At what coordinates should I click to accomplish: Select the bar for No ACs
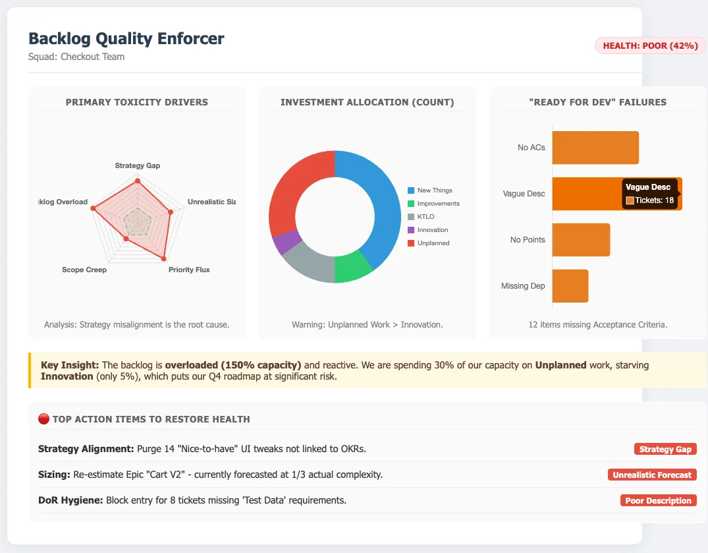coord(595,148)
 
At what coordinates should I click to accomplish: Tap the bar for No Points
coord(581,240)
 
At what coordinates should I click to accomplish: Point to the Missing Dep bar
coord(570,286)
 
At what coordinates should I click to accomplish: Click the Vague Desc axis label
coord(523,194)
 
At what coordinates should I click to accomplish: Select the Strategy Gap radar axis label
coord(138,165)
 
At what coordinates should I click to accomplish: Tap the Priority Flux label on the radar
coord(189,270)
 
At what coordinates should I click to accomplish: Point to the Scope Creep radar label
coord(84,270)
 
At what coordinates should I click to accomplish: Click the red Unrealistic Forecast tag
coord(652,475)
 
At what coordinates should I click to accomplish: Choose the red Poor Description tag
coord(658,500)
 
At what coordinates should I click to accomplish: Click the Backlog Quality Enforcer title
coord(126,38)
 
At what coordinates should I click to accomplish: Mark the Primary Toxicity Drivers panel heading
coord(137,102)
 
